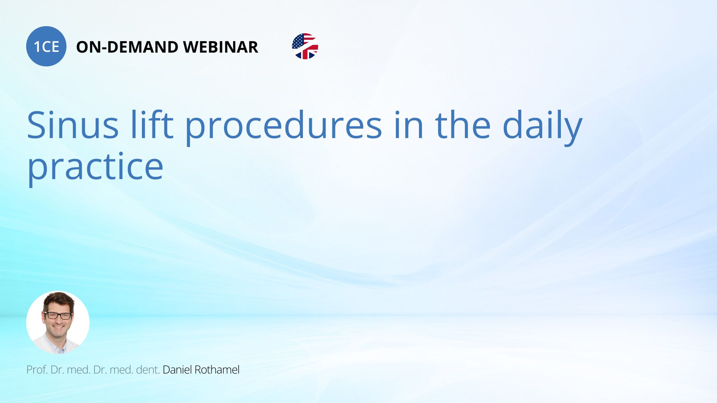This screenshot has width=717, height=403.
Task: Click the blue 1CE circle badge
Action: pos(46,46)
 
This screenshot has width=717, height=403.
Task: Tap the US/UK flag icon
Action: pos(305,46)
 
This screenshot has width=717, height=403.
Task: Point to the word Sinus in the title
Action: pos(73,125)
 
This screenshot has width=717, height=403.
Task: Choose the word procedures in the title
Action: pos(284,127)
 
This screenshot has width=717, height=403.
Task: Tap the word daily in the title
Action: pos(543,127)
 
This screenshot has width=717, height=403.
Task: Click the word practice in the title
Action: pos(95,168)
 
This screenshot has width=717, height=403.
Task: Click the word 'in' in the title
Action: pos(409,125)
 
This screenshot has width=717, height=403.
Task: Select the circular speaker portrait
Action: pos(58,322)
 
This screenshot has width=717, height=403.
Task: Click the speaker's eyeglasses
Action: pos(58,316)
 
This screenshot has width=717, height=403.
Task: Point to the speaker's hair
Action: pos(58,300)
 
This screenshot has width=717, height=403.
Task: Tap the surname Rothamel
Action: pos(217,370)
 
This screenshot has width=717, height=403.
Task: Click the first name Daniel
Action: pos(177,370)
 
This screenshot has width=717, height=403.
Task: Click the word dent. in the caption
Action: pos(148,370)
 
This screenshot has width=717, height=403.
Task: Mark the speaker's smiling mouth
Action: pos(59,328)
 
